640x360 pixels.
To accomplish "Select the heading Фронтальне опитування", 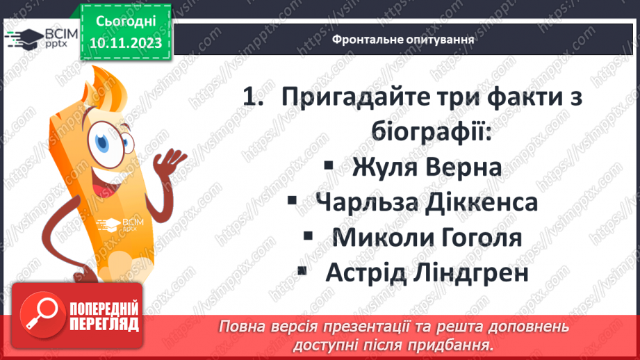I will coord(403,40).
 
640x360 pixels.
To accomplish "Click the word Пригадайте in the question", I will coord(359,97).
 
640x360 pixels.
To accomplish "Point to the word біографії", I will coord(432,132).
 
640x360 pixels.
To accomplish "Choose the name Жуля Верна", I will coord(427,168).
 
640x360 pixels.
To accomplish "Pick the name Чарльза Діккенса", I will coord(427,203).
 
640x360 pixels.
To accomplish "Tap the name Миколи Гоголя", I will coord(427,238).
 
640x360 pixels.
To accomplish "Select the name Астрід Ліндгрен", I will coord(427,272).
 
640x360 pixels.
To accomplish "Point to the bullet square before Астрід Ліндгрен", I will coord(301,270).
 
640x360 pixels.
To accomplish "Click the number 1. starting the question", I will coord(254,97).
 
